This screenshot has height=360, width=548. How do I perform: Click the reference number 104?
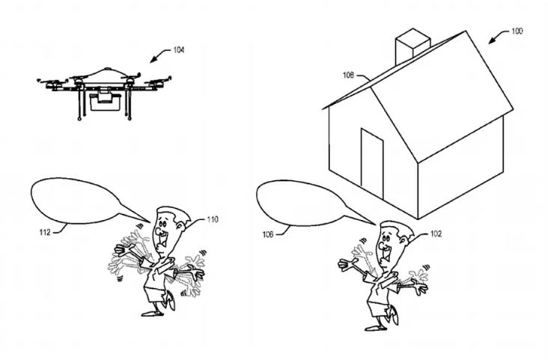click(x=179, y=50)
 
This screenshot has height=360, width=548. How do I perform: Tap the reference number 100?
click(x=517, y=31)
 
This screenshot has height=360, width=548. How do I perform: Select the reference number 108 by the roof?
click(x=348, y=75)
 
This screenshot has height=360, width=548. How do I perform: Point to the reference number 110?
click(x=213, y=219)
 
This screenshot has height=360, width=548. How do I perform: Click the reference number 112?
click(x=45, y=232)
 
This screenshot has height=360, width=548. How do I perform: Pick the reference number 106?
click(x=268, y=234)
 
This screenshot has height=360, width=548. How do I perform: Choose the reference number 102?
click(x=436, y=234)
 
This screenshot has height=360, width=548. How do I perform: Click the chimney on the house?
click(x=412, y=46)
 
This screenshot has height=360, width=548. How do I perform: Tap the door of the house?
click(x=372, y=164)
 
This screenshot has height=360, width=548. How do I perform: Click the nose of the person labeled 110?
click(x=159, y=231)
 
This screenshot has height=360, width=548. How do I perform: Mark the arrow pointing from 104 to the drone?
click(x=158, y=55)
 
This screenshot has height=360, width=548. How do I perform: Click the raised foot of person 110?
click(x=171, y=301)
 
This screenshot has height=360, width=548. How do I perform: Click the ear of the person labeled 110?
click(x=181, y=226)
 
